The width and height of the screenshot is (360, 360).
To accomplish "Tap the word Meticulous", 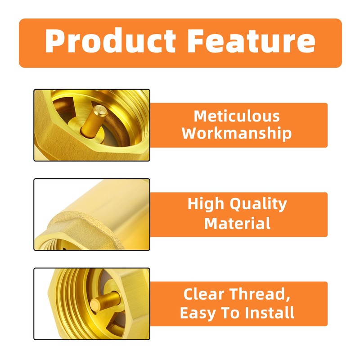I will point(237,116).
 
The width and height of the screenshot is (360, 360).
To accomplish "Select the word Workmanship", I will point(237,133).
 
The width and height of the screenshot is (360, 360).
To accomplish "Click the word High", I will point(207,204).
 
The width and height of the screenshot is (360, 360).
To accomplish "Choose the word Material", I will point(237,223).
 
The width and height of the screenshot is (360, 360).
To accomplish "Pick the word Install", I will point(269,312).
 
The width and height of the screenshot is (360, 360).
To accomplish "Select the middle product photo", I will point(92,214).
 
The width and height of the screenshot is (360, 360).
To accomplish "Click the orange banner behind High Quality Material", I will point(306,214).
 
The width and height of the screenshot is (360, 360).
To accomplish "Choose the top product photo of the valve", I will point(92,125).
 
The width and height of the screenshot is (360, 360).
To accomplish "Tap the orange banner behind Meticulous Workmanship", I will point(306,125).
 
